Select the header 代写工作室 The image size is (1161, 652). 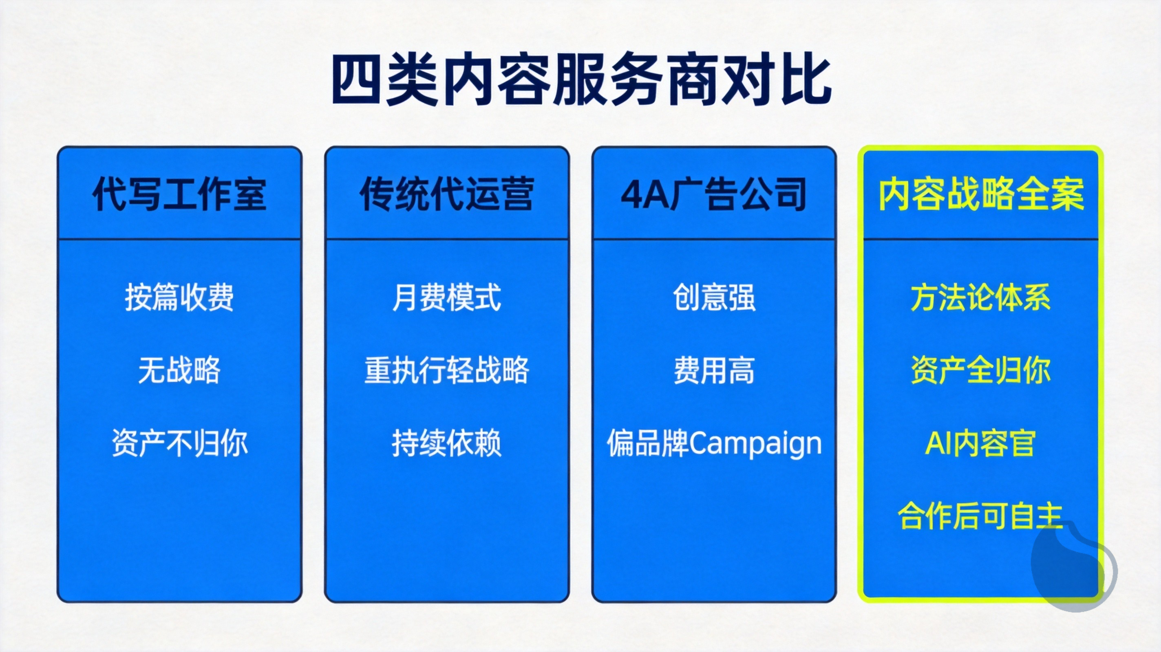click(179, 194)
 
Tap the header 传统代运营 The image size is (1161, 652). click(447, 194)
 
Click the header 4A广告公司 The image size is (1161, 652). click(714, 194)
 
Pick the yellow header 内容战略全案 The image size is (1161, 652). click(981, 194)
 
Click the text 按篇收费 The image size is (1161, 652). click(179, 297)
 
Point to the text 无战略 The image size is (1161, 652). click(179, 370)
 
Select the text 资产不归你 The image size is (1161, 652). click(179, 443)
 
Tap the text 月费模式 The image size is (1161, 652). click(447, 297)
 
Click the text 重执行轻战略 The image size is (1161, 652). click(447, 370)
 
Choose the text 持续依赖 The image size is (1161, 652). click(447, 443)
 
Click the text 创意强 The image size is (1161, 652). click(714, 297)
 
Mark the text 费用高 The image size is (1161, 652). click(714, 370)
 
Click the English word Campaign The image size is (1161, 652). click(756, 445)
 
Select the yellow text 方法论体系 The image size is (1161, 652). click(981, 297)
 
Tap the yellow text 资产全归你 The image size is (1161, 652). click(981, 370)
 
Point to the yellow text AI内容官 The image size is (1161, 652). click(980, 443)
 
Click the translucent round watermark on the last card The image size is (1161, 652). click(1074, 566)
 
